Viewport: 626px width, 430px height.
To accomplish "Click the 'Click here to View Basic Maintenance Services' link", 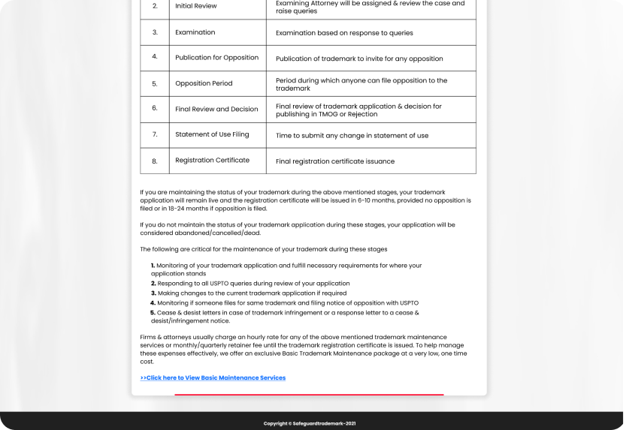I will (x=213, y=377).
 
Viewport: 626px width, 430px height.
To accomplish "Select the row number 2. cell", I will (x=155, y=6).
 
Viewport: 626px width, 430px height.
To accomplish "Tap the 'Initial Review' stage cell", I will (x=196, y=6).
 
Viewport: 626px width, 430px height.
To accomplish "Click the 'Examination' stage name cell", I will (x=195, y=32).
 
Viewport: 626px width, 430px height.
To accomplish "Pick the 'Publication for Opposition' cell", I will (x=216, y=58).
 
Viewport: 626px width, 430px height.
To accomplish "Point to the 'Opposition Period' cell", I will (x=204, y=83).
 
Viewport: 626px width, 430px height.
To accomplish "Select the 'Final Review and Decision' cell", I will (x=216, y=109).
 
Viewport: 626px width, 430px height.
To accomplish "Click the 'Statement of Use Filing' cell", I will (x=212, y=135).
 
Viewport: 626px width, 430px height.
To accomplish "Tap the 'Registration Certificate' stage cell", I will (x=212, y=161).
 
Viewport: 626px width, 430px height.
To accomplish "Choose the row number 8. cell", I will (x=155, y=161).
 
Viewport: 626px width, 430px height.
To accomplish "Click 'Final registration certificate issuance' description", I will (x=335, y=161).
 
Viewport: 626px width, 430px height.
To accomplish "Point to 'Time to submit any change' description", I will (x=352, y=136).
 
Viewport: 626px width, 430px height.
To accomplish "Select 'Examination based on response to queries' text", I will (x=344, y=33).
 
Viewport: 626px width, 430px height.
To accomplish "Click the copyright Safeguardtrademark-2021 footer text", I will (x=310, y=423).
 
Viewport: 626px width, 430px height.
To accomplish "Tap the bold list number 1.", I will (x=153, y=266).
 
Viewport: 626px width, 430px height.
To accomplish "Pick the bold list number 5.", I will (x=153, y=312).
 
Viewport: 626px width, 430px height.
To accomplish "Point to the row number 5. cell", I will (x=155, y=83).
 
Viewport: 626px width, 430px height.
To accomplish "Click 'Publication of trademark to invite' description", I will (x=359, y=59).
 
